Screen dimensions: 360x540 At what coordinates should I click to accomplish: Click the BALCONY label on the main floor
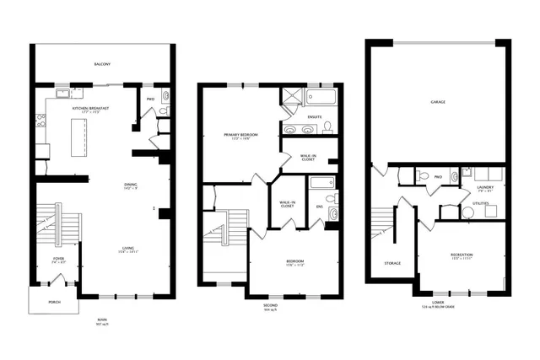click(102, 64)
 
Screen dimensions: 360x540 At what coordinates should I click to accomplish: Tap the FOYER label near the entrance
click(59, 259)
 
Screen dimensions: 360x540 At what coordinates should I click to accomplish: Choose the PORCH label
click(54, 301)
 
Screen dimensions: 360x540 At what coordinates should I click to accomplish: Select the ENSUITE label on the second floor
click(316, 116)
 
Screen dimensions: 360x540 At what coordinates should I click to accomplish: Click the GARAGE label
click(437, 101)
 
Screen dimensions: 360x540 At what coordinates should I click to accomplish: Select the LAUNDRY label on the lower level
click(485, 187)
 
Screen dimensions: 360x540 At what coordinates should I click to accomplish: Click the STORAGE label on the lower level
click(392, 263)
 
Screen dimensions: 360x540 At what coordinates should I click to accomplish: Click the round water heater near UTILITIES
click(468, 212)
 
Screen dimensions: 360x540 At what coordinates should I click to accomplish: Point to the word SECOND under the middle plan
click(270, 304)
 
